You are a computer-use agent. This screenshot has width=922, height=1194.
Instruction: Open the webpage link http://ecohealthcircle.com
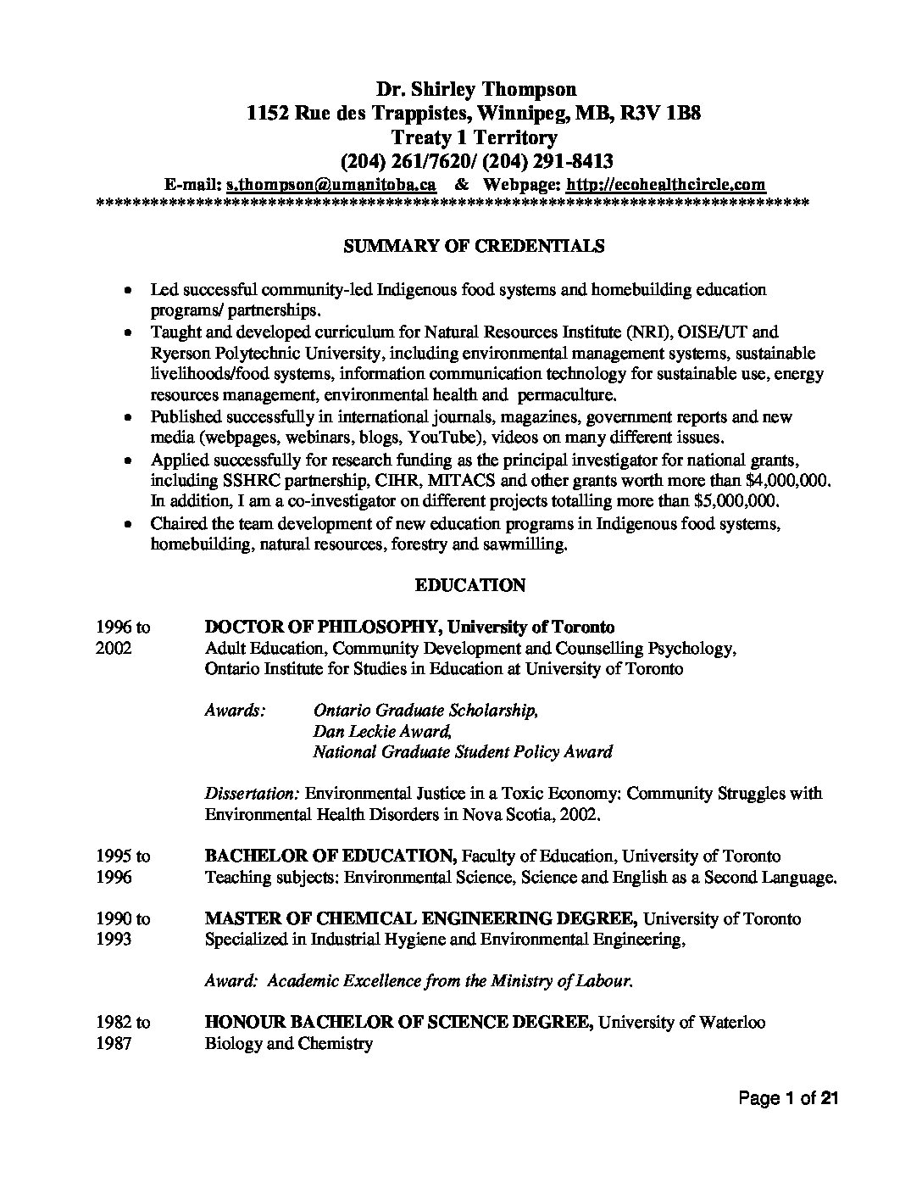point(665,185)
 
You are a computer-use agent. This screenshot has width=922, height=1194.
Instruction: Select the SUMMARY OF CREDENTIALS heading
point(473,247)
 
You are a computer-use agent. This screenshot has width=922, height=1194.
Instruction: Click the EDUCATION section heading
point(470,586)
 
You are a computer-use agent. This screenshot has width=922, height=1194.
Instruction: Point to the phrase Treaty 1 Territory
point(474,137)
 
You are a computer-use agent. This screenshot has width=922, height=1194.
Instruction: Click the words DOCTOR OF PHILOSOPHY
point(321,628)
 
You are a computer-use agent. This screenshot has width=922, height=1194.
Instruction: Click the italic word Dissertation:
point(252,795)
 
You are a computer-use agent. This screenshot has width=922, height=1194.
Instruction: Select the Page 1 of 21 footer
point(788,1100)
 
